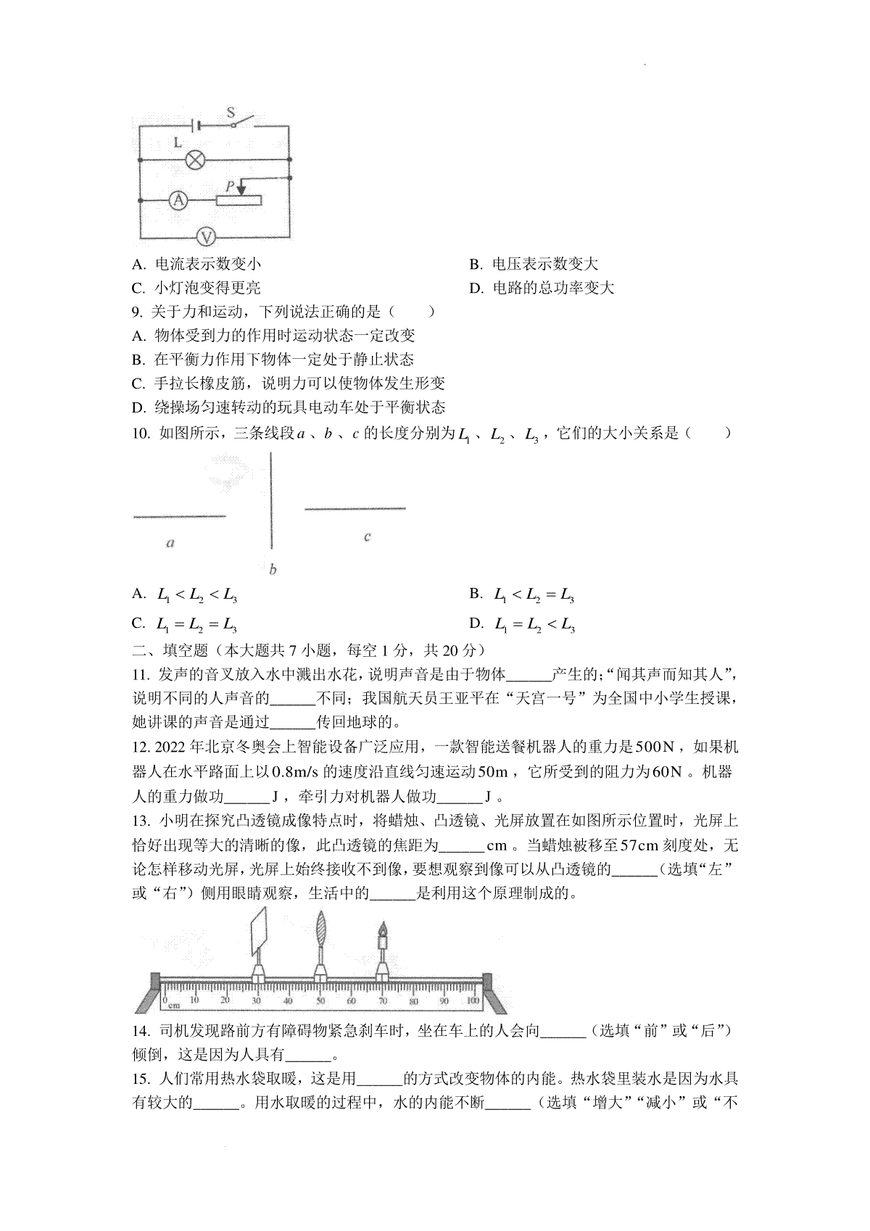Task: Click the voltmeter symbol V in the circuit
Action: pyautogui.click(x=207, y=236)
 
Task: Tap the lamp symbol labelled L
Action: pyautogui.click(x=196, y=159)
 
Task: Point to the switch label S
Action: pyautogui.click(x=231, y=112)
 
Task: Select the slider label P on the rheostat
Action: pyautogui.click(x=230, y=186)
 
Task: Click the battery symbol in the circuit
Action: pyautogui.click(x=194, y=125)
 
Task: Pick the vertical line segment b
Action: pyautogui.click(x=272, y=500)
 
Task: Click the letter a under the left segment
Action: pyautogui.click(x=170, y=542)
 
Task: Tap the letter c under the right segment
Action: pyautogui.click(x=368, y=536)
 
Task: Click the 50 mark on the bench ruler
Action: pyautogui.click(x=320, y=1001)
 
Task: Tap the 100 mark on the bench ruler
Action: pyautogui.click(x=473, y=1001)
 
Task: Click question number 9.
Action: pyautogui.click(x=137, y=312)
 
